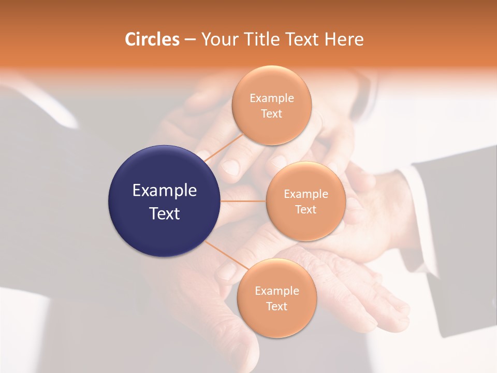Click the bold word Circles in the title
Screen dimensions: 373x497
152,39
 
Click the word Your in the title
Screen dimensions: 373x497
218,39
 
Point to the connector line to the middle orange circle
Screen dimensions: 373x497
243,201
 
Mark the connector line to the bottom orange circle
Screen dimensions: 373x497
227,255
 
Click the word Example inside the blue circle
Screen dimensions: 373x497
165,191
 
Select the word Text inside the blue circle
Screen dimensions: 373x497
165,213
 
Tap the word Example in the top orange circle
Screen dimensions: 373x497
272,98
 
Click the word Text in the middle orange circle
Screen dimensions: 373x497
305,209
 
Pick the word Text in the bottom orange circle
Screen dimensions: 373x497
277,306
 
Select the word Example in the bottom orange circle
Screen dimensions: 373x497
277,291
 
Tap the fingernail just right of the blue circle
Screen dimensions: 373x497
230,167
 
